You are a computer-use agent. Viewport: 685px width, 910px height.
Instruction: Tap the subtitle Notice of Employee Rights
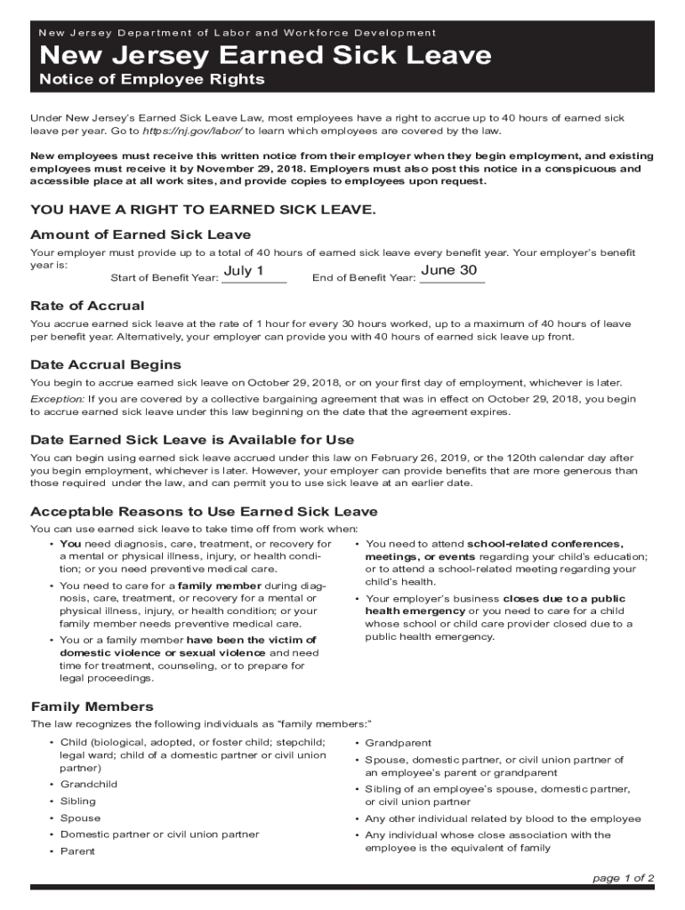152,80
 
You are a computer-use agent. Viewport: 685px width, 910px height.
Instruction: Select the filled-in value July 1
244,270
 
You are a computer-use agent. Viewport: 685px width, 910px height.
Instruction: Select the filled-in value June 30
449,270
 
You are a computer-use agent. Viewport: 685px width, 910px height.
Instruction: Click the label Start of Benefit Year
165,278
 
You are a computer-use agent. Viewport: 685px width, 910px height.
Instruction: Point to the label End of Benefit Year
364,278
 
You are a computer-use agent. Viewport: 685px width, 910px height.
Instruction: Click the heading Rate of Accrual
87,306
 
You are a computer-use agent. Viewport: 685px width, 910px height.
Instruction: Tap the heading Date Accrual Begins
106,365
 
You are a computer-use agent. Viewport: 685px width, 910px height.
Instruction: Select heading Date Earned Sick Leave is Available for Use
192,440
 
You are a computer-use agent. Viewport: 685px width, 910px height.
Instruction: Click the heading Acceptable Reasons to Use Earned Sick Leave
204,512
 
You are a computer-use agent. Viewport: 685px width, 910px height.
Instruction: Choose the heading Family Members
92,706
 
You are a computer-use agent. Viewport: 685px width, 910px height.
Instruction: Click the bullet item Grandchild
89,785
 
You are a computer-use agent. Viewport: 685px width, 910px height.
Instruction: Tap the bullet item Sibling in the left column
77,802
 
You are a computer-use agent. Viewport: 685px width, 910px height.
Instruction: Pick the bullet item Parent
77,851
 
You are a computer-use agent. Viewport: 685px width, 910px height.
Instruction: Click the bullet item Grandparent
398,743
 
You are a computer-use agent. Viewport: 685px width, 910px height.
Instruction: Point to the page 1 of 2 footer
623,878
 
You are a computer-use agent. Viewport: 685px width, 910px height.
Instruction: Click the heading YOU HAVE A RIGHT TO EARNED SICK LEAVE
204,210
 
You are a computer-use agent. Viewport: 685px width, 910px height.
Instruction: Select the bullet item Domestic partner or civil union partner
159,834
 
